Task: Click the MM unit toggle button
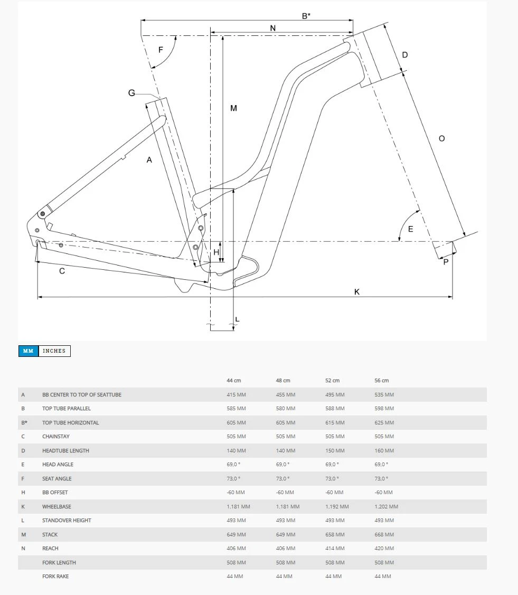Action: tap(29, 351)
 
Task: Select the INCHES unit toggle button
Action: tap(54, 351)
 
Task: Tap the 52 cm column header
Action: tap(332, 381)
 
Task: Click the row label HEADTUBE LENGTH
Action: tap(65, 451)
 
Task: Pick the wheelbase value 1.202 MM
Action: tap(387, 507)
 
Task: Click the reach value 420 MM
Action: tap(384, 549)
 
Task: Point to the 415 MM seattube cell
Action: tap(236, 395)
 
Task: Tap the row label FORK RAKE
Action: tap(55, 577)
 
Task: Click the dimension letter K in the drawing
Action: tap(357, 291)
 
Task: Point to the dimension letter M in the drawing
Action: tap(233, 108)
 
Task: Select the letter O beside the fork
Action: tap(441, 138)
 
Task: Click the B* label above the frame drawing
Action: tap(306, 16)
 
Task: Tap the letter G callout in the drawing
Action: tap(131, 93)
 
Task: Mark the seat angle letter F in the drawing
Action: tap(161, 50)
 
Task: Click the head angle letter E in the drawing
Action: tap(410, 229)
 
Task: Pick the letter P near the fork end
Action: tap(446, 262)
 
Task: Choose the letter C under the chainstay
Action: tap(62, 271)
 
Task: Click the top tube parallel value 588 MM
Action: tap(334, 409)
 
